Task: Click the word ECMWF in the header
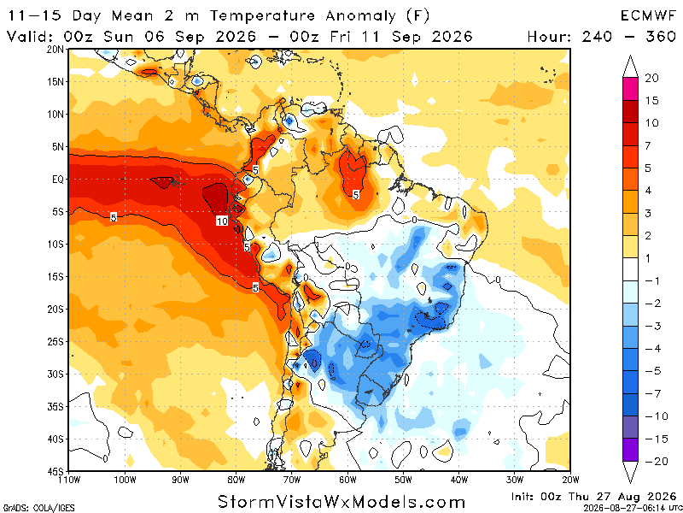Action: [x=648, y=16]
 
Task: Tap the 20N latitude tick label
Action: [x=55, y=50]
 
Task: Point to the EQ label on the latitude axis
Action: [x=58, y=180]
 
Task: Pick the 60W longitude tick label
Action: [x=347, y=481]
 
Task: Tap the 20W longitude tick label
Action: [x=570, y=481]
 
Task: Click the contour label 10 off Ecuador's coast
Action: [x=222, y=221]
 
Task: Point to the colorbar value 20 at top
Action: [x=651, y=78]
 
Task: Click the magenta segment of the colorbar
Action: [x=630, y=89]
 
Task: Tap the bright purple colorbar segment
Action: [x=630, y=450]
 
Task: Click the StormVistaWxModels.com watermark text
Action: [x=341, y=501]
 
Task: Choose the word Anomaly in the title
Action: [x=359, y=16]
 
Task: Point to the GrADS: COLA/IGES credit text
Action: [x=38, y=509]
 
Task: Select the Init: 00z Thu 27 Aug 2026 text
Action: [x=594, y=497]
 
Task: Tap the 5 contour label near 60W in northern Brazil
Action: [x=356, y=195]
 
